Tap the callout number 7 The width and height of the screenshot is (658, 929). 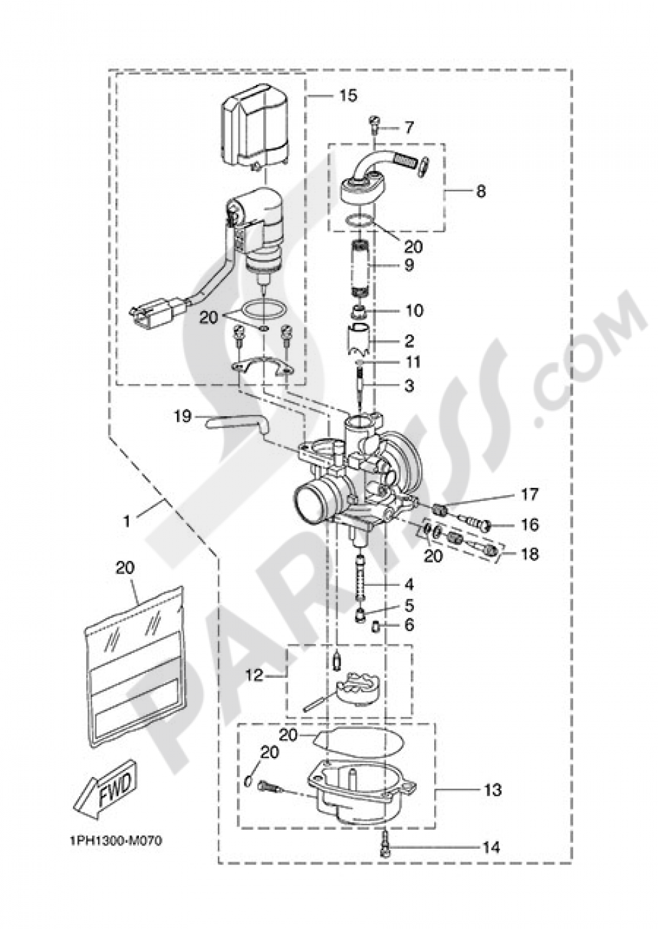409,126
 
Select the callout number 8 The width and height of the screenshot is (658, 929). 481,191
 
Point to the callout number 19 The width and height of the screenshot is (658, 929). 182,416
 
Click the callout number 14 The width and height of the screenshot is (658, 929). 491,847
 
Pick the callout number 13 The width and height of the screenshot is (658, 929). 493,789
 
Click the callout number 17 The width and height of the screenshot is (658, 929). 530,493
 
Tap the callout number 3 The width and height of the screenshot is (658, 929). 409,386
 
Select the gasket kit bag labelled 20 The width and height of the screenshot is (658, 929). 138,664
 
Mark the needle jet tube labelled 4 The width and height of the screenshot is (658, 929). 361,576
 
